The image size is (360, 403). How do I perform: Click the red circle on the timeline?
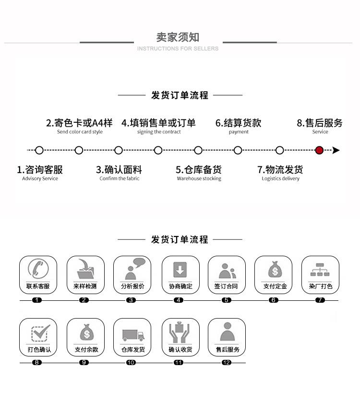(x=319, y=150)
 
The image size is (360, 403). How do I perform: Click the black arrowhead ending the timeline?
(x=336, y=150)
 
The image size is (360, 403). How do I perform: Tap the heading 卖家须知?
(x=178, y=37)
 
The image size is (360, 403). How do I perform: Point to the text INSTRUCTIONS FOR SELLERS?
(x=178, y=48)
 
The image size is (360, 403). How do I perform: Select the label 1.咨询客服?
(x=40, y=169)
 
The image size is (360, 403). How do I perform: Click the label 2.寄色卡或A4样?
(x=79, y=123)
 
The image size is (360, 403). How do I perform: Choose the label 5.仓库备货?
(x=199, y=169)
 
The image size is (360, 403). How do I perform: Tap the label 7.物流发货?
(x=280, y=169)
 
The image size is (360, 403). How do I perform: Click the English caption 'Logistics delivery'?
(x=280, y=178)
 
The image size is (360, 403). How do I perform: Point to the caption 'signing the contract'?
(x=159, y=132)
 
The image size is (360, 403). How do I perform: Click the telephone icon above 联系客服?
(x=38, y=268)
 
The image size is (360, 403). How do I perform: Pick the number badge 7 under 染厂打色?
(x=320, y=300)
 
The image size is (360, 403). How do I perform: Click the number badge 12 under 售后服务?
(x=227, y=363)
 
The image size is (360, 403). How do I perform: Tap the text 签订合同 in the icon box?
(x=226, y=286)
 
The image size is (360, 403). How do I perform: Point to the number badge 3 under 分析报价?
(x=131, y=300)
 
